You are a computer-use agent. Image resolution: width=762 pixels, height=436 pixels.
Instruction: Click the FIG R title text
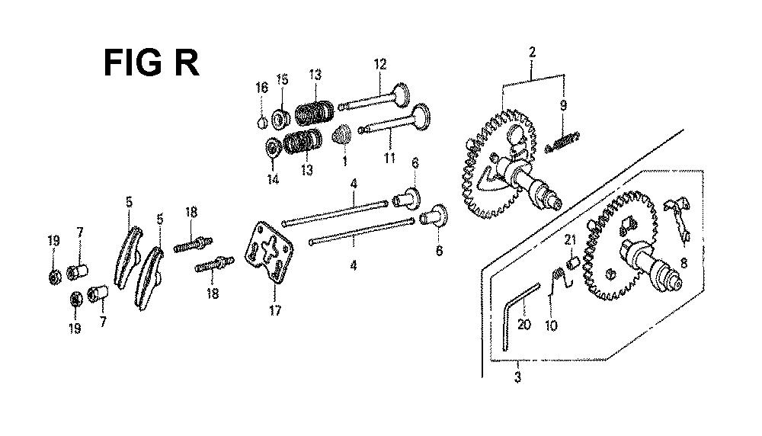[152, 63]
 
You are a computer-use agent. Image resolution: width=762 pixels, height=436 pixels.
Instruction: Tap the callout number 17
[275, 310]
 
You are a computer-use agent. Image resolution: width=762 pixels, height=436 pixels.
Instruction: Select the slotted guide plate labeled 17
[269, 252]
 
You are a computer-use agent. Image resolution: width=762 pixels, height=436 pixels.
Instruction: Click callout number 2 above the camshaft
[532, 52]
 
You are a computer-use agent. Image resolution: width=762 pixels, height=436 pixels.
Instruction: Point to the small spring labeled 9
[563, 142]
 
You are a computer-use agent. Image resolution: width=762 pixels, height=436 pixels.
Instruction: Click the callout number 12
[380, 64]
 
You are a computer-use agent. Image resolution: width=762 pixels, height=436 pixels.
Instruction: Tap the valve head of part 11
[421, 117]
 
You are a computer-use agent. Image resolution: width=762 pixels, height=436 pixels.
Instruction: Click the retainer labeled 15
[280, 120]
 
